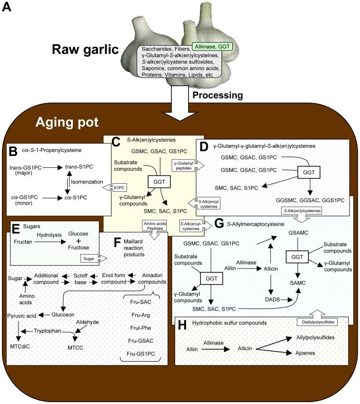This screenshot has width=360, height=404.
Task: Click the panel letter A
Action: (7, 8)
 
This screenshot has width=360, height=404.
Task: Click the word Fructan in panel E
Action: (21, 242)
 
